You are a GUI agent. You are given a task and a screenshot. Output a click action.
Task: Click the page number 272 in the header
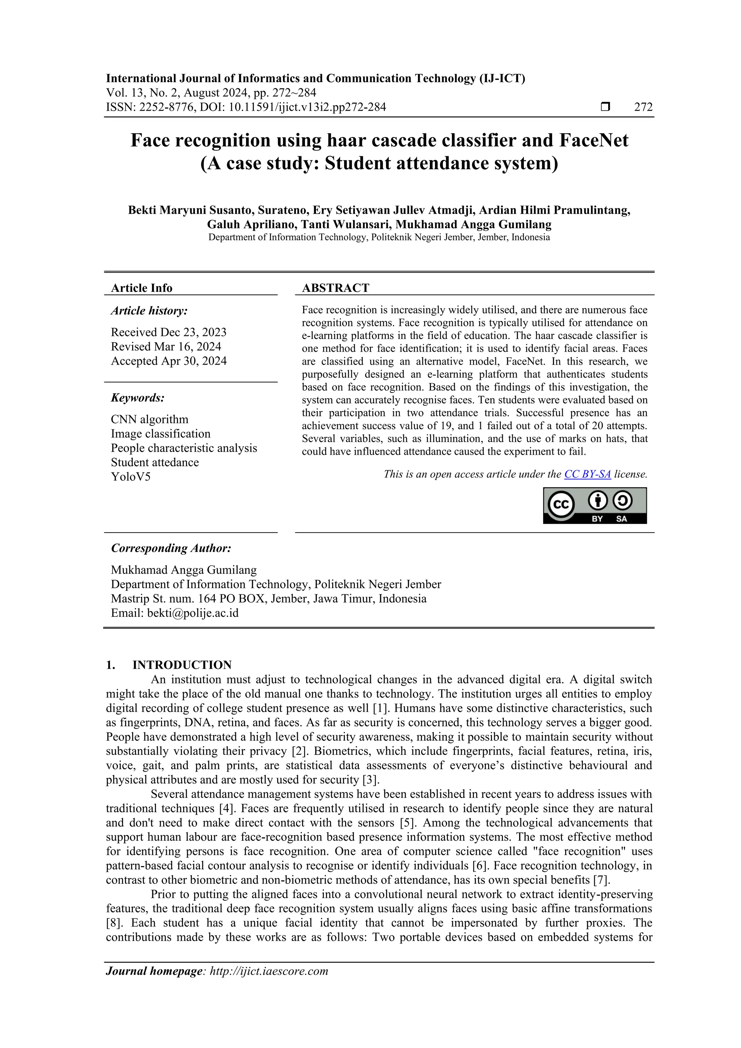(643, 107)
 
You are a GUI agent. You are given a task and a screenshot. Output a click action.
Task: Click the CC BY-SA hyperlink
(587, 474)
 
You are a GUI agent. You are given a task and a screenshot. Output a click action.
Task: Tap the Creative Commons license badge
(594, 505)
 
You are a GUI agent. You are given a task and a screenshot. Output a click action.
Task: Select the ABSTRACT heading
(335, 288)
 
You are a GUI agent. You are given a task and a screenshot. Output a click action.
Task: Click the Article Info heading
(141, 288)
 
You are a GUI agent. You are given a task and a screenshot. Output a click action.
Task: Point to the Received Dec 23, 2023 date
(169, 332)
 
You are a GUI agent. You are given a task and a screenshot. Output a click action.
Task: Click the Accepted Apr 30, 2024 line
(169, 361)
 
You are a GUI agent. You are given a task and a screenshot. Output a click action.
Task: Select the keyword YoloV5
(131, 477)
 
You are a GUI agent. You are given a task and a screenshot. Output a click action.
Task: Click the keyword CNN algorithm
(149, 420)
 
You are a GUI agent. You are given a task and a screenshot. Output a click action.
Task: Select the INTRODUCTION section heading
(182, 665)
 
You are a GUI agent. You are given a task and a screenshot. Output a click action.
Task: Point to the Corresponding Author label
(171, 548)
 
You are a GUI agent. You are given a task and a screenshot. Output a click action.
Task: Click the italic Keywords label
(138, 398)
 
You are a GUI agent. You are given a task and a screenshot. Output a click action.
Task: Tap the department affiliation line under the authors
(379, 237)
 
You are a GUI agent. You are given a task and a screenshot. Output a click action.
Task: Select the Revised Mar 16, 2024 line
(166, 347)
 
